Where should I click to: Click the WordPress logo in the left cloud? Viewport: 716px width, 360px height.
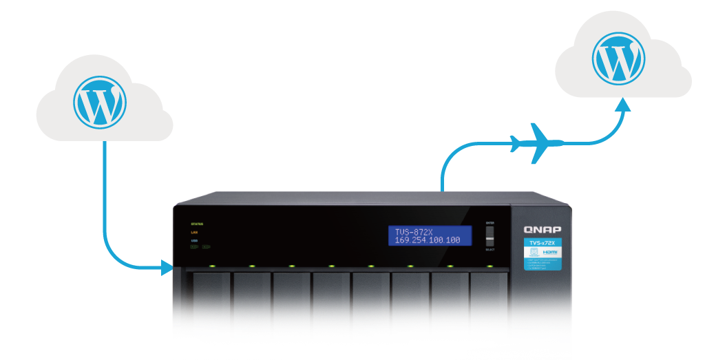point(100,101)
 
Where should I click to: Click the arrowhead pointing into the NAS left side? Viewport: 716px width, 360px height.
point(165,268)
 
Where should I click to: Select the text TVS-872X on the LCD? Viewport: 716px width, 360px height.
point(414,231)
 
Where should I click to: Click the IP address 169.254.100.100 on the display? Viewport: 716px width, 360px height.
point(428,240)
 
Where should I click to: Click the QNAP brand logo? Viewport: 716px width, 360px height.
point(543,229)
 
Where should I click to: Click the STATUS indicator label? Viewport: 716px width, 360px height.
point(197,224)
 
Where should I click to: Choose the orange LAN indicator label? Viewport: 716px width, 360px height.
point(195,233)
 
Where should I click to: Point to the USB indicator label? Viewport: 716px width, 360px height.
point(194,241)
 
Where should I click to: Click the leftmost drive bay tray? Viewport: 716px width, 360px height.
point(212,303)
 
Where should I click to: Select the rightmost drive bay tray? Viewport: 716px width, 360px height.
point(489,303)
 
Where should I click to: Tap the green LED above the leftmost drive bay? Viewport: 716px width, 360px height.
point(213,266)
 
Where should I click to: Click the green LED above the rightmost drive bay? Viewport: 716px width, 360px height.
point(489,266)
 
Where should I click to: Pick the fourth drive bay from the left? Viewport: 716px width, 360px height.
point(331,303)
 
